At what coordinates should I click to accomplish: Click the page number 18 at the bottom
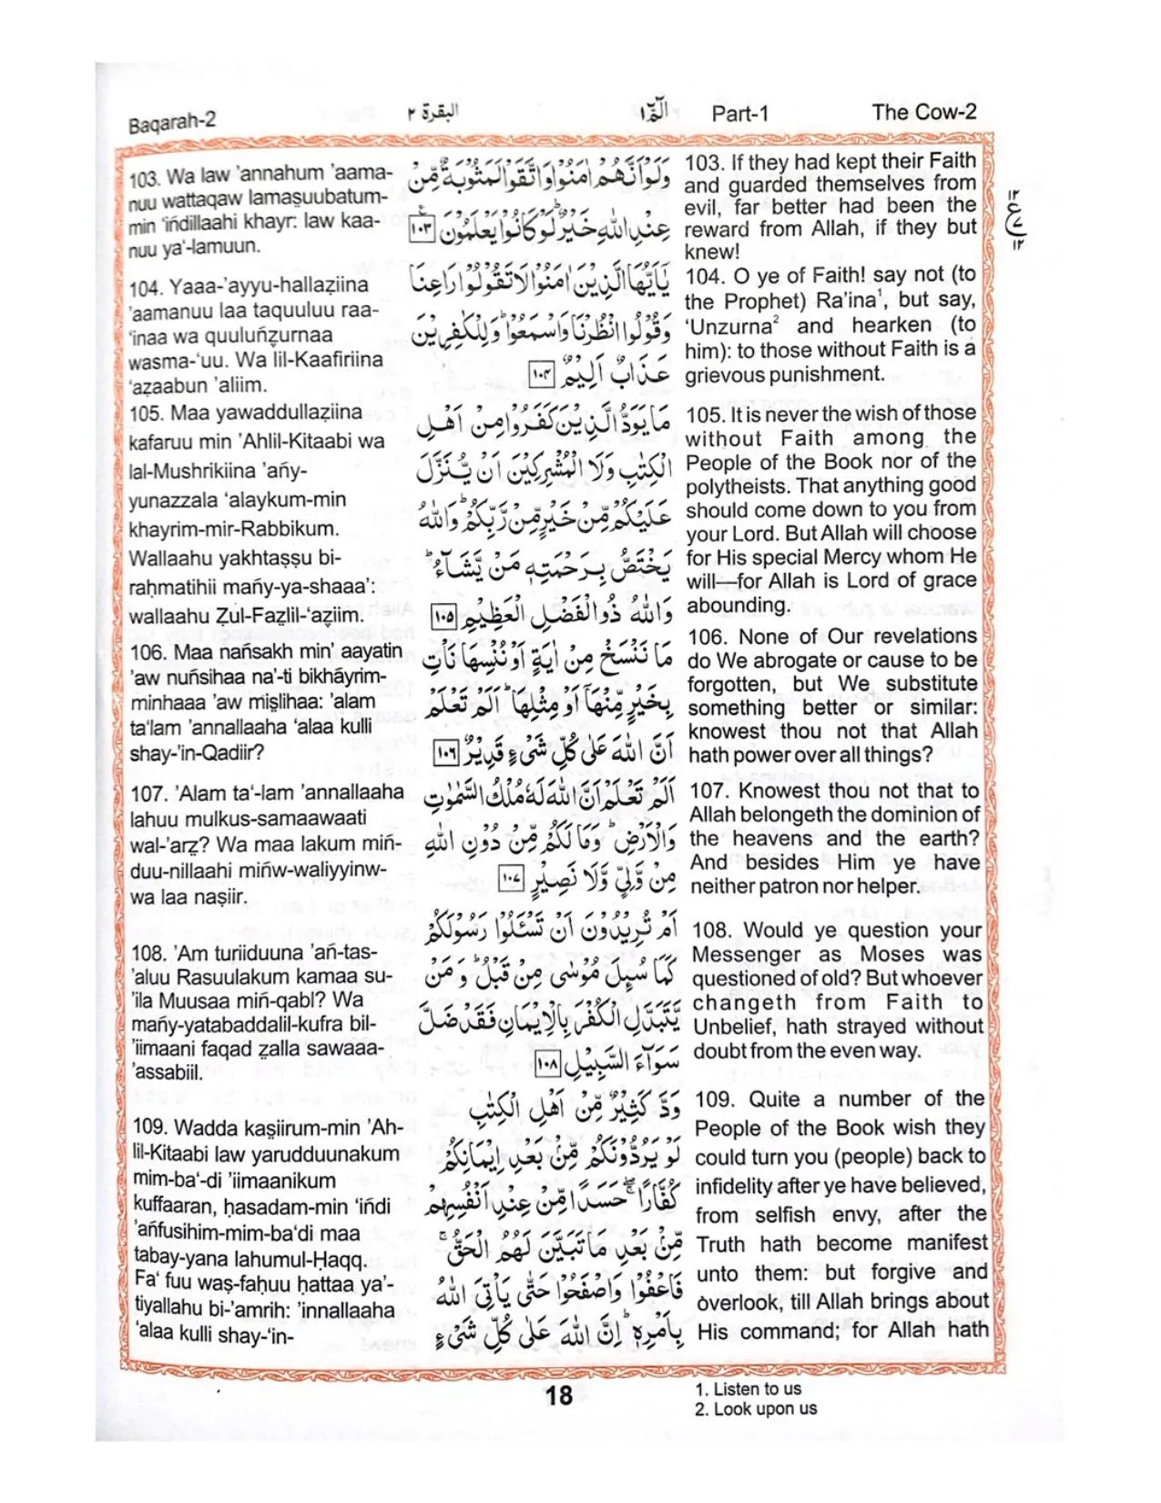[x=558, y=1395]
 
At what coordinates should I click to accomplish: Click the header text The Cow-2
[x=923, y=112]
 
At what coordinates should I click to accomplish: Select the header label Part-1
[x=739, y=113]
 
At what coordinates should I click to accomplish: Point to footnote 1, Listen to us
[x=749, y=1389]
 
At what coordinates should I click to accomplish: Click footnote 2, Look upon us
[x=756, y=1409]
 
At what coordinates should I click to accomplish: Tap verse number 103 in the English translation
[x=702, y=163]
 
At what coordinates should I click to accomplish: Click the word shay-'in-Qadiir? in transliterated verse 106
[x=197, y=753]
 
